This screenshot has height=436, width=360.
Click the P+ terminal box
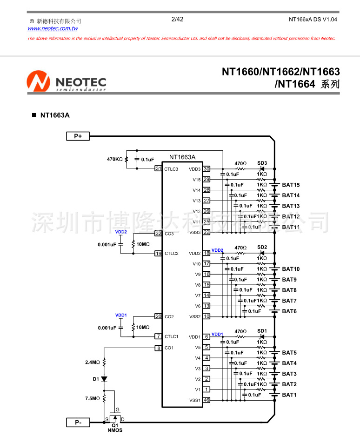coord(78,136)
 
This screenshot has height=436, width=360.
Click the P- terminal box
coord(78,423)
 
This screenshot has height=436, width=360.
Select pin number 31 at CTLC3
coord(158,168)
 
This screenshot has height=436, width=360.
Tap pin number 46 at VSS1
coord(206,400)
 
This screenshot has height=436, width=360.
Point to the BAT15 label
coord(291,185)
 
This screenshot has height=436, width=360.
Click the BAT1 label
coord(289,395)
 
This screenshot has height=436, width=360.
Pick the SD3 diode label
coord(262,163)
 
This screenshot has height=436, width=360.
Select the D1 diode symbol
coord(104,379)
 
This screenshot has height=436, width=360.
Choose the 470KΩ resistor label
coord(114,159)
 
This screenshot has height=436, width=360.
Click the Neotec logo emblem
coord(38,82)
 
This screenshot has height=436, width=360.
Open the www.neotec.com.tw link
coord(53,28)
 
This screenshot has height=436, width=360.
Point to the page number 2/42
coord(177,19)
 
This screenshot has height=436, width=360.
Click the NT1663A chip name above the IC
coord(182,157)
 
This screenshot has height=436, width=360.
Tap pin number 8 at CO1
coord(158,348)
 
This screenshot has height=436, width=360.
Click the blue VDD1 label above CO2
coord(121,315)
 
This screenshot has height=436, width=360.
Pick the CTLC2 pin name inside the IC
coord(171,254)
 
